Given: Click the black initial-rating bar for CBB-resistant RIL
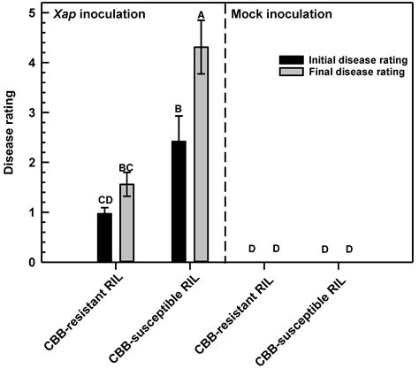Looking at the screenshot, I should click(x=104, y=237).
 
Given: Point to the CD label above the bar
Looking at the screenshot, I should click(x=104, y=200).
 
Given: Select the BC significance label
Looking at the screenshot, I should click(x=127, y=167).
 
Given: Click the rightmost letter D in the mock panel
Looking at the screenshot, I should click(x=348, y=250).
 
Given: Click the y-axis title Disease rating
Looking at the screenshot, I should click(x=10, y=139).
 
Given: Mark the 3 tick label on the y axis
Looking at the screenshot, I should click(x=32, y=113).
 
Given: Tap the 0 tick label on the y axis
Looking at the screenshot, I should click(x=32, y=262).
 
